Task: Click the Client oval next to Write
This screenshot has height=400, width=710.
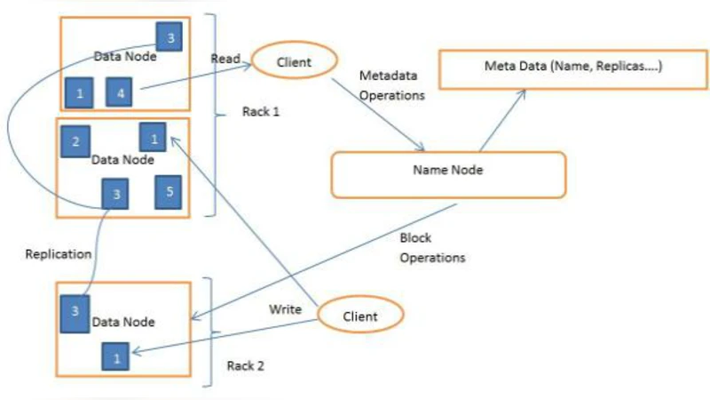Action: click(359, 316)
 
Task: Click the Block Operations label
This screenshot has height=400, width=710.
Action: click(432, 250)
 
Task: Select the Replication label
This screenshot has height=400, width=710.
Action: click(59, 254)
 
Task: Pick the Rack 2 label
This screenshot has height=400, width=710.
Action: click(246, 365)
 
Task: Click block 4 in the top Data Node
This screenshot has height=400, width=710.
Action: click(120, 91)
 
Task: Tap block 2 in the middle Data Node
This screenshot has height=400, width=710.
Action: click(75, 141)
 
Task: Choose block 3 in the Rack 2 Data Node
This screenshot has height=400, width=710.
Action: click(74, 311)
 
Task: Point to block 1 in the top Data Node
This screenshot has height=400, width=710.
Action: click(79, 92)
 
